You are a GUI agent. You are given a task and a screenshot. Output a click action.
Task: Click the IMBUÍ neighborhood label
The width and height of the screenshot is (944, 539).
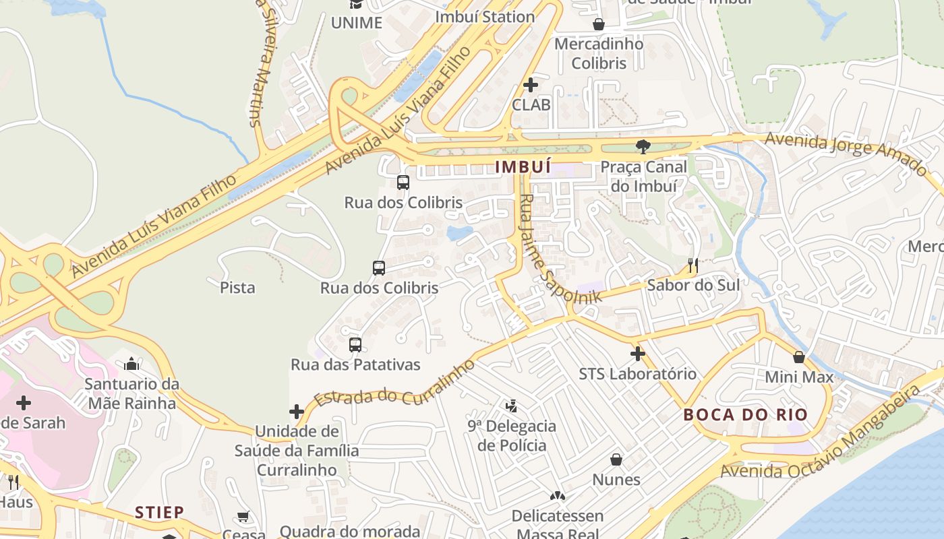pos(523,166)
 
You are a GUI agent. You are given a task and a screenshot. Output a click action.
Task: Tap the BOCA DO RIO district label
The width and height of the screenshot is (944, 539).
pos(745,414)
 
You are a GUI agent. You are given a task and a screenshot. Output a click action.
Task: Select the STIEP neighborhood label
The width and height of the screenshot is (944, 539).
pos(159,512)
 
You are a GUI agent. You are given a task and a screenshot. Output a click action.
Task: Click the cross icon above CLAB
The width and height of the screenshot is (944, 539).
pos(531,85)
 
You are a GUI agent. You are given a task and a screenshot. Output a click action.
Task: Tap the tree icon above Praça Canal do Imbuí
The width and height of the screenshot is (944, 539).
pos(643,146)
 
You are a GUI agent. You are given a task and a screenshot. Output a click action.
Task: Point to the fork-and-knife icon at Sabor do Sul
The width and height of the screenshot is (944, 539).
pos(692,265)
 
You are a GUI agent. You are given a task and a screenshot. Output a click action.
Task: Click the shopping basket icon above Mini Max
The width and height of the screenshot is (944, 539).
pos(799,356)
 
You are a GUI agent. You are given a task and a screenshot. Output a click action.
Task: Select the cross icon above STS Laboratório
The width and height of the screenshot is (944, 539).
pos(637,353)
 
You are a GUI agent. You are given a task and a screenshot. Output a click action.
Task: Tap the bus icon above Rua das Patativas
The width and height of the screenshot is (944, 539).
pos(355,344)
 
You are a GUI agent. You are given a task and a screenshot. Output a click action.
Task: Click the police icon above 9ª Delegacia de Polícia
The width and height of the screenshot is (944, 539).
pos(512,406)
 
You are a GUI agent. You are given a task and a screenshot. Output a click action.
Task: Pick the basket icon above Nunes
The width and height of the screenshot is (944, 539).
pos(616,459)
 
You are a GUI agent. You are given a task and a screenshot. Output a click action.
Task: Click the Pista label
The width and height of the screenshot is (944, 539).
pos(237,288)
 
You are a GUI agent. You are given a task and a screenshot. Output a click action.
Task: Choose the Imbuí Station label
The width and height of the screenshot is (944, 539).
pos(485,17)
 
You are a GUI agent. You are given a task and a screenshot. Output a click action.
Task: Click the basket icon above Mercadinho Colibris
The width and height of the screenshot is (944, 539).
pos(598,24)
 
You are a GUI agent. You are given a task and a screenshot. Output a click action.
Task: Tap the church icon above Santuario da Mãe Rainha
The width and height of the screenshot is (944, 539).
pos(131,364)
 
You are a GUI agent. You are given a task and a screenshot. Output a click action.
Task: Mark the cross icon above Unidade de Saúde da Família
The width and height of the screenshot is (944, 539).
pos(297,411)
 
